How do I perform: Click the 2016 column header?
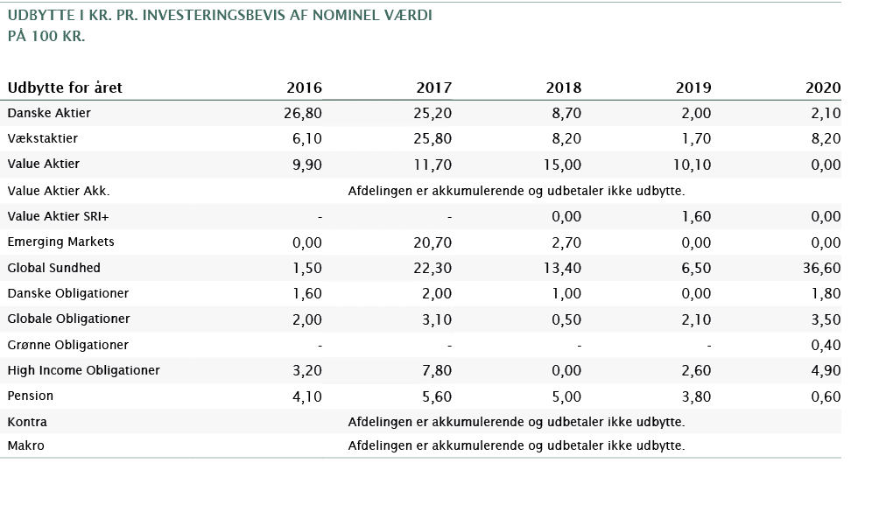coord(304,88)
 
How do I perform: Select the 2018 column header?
coord(563,88)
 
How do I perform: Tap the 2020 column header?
coord(823,88)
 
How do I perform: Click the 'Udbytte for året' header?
coord(65,88)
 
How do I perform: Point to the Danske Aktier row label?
coord(49,113)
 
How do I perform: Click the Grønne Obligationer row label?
coord(68,345)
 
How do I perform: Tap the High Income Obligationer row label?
coord(83,370)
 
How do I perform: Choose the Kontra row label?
coord(27,422)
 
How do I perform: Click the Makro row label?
coord(25,446)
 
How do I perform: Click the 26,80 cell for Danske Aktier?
coord(303,113)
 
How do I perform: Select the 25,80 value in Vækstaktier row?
coord(432,139)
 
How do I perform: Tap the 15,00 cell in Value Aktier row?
coord(562,165)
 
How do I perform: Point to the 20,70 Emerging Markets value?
coord(432,242)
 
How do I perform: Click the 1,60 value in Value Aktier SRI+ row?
coord(695,216)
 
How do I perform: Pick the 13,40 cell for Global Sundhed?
coord(562,268)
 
